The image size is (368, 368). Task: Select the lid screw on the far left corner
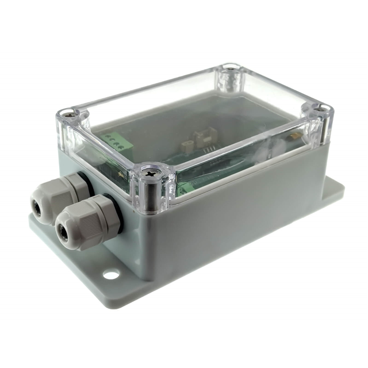tap(69, 113)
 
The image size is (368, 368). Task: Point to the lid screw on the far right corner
tap(320, 109)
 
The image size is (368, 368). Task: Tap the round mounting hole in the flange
tap(111, 274)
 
